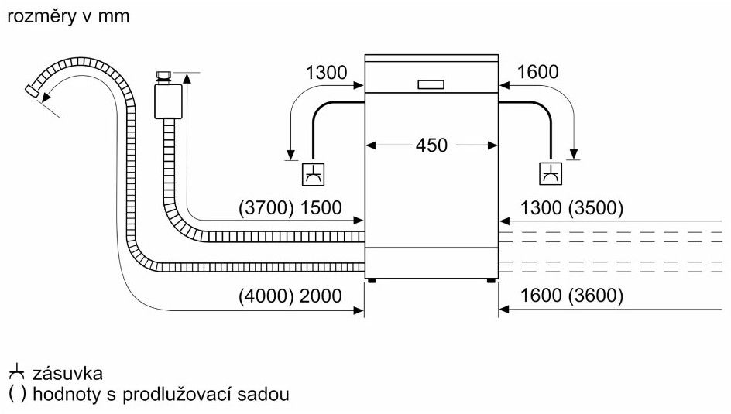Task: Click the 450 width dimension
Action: click(431, 145)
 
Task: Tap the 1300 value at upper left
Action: click(326, 73)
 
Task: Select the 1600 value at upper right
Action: click(537, 73)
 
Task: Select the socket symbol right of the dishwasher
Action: click(551, 174)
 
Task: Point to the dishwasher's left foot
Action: click(372, 280)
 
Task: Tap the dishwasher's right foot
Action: click(489, 280)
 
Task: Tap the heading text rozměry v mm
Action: click(68, 15)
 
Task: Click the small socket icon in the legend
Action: click(17, 373)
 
